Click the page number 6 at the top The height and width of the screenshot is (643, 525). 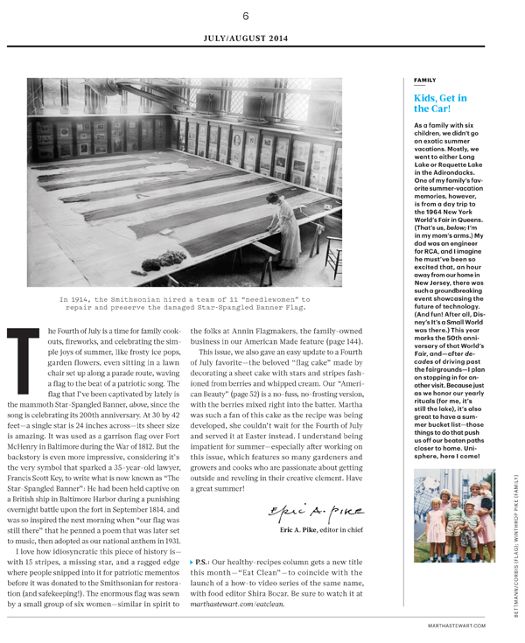[246, 16]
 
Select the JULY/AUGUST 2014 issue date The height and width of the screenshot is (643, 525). [246, 39]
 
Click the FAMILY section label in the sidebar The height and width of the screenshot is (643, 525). [425, 80]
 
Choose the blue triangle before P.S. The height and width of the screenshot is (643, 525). [193, 560]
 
